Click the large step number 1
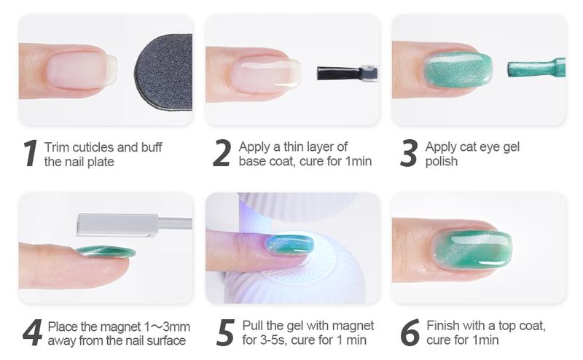[29, 154]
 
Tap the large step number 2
[222, 154]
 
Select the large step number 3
[410, 154]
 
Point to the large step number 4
[31, 333]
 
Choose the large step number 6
[410, 333]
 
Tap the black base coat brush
[339, 73]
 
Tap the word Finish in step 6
[442, 326]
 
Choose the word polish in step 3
[442, 161]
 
